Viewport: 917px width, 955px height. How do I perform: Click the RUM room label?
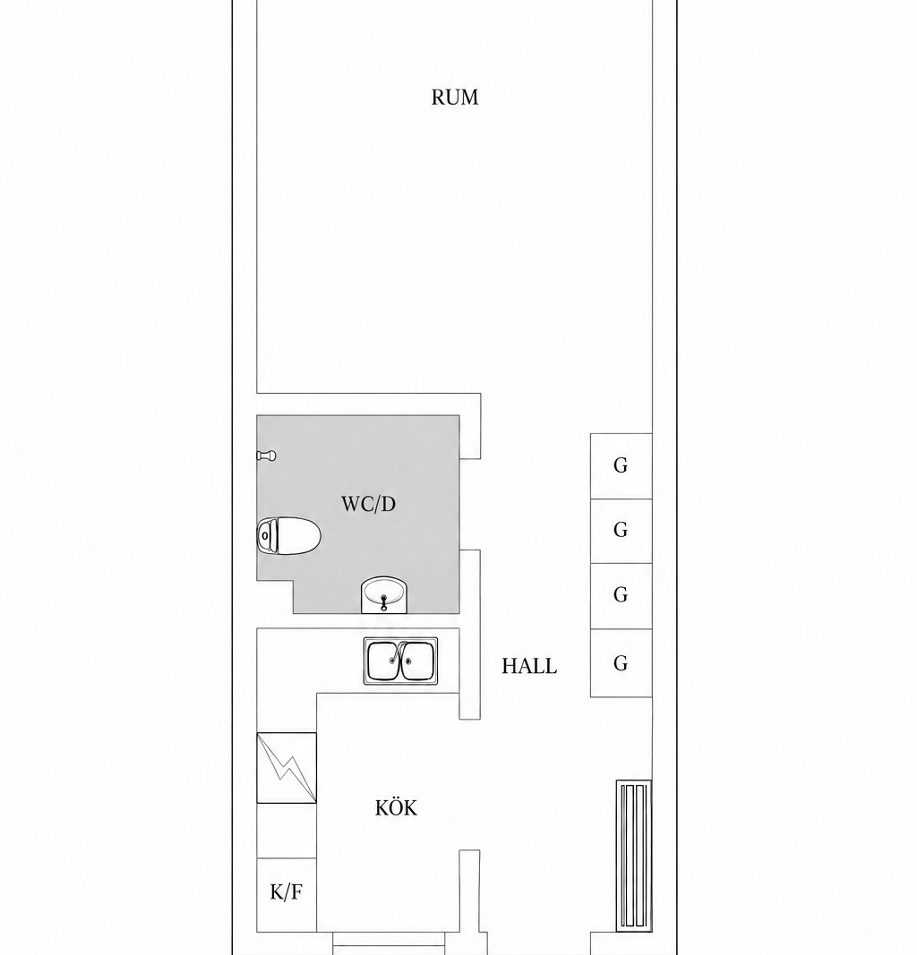[455, 98]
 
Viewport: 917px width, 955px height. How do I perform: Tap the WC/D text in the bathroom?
[368, 504]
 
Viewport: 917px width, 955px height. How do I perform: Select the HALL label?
[529, 666]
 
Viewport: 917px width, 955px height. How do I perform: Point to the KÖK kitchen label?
[396, 807]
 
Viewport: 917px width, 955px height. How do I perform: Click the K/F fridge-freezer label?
[286, 892]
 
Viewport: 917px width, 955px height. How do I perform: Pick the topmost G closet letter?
[621, 465]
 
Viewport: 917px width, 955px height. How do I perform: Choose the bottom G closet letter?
[621, 662]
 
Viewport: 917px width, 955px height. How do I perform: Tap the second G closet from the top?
[621, 530]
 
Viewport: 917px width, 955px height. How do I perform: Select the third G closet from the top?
[621, 594]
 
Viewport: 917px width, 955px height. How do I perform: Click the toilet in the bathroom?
[289, 536]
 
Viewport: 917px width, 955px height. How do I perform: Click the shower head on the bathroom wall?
[266, 456]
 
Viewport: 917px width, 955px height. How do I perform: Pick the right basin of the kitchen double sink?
[417, 661]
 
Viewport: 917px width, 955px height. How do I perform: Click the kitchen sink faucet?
[399, 652]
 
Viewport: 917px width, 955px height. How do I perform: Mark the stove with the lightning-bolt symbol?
[287, 767]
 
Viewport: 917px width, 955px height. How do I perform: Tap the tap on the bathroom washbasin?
[384, 602]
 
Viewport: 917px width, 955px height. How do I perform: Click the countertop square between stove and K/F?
[287, 831]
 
